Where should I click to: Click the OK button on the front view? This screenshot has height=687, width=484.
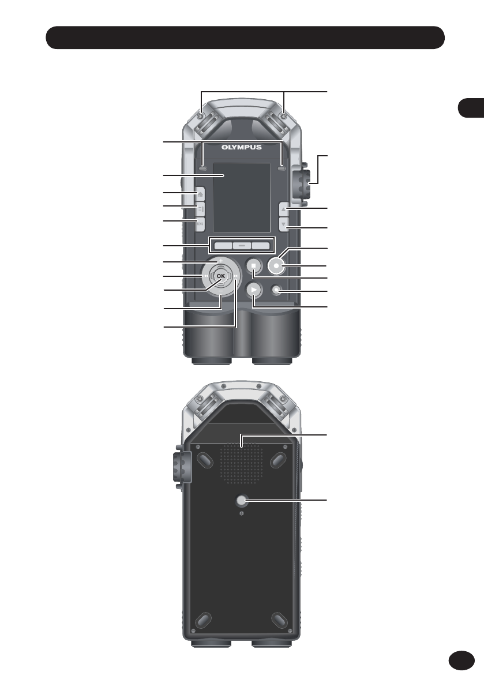pyautogui.click(x=221, y=276)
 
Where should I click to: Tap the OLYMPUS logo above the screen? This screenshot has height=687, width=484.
pyautogui.click(x=241, y=147)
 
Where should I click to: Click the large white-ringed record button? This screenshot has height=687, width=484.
pyautogui.click(x=276, y=265)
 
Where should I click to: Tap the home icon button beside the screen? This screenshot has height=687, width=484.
pyautogui.click(x=199, y=194)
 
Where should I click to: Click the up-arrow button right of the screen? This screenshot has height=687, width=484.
pyautogui.click(x=284, y=209)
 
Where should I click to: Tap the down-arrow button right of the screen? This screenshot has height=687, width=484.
pyautogui.click(x=284, y=225)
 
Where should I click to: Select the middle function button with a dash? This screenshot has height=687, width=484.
pyautogui.click(x=241, y=246)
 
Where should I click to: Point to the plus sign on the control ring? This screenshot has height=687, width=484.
pyautogui.click(x=221, y=261)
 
